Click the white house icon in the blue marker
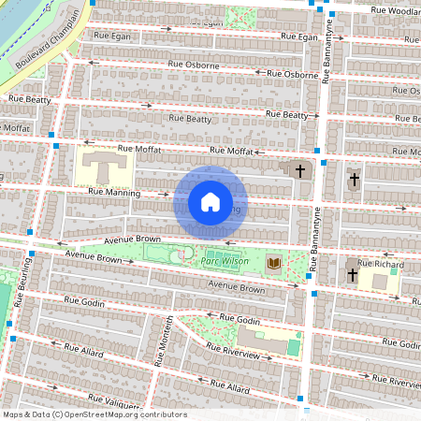210,201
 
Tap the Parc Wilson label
225,261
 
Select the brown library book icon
273,264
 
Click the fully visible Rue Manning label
113,192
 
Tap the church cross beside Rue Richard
353,274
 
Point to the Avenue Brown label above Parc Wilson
134,240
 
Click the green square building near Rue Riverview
294,347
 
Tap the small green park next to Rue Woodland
241,17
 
